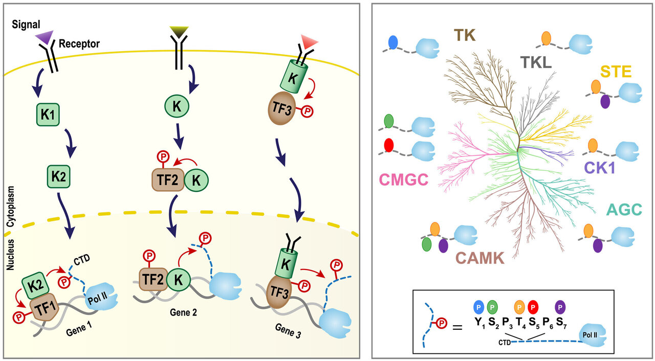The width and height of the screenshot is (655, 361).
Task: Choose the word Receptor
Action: coord(79,43)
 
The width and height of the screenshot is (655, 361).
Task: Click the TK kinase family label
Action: coord(465,35)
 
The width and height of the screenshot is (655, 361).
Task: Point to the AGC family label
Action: coord(624,210)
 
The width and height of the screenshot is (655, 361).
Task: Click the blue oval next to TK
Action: coord(394,42)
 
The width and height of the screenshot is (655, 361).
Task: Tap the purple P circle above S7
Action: coord(560,308)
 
